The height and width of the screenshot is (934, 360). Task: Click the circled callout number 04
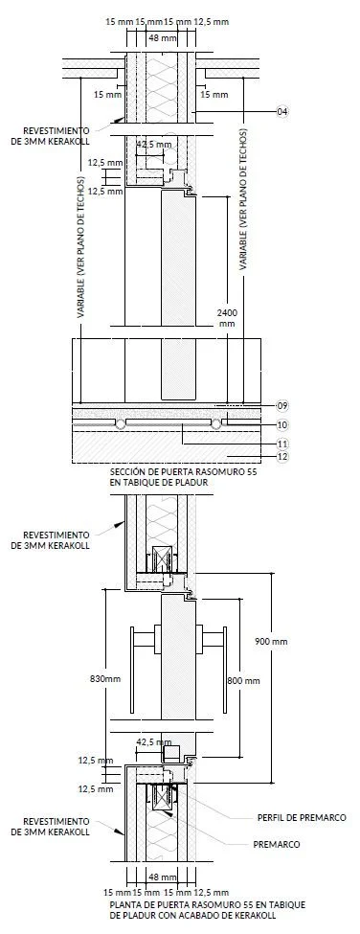coord(282,111)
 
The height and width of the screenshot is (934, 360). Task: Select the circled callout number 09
coord(282,405)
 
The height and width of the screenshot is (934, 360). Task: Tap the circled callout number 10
coord(282,424)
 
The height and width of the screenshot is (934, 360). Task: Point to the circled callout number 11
coord(282,444)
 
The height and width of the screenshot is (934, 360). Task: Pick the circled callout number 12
coord(282,457)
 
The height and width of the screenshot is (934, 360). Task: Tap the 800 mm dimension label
coord(244,680)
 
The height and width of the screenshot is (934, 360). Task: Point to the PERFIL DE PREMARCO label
coord(301,818)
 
